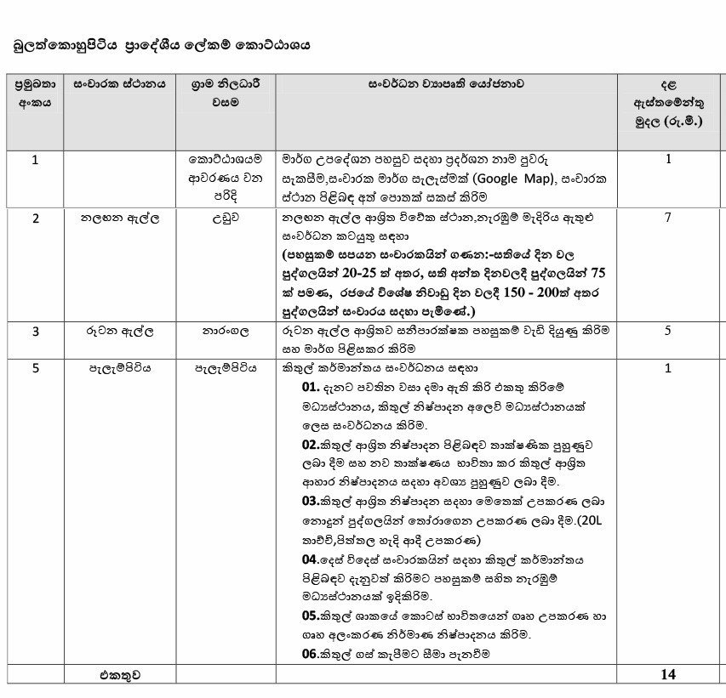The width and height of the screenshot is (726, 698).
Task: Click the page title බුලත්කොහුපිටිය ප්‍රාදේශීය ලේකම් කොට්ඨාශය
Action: coord(161,45)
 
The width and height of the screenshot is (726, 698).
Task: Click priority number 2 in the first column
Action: coord(35,218)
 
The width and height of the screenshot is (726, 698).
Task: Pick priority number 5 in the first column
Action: coord(35,368)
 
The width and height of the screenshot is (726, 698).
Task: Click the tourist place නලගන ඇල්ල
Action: coord(119,218)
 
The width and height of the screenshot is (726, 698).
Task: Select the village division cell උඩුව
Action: coord(226,218)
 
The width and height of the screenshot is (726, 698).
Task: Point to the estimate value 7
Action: coord(668,218)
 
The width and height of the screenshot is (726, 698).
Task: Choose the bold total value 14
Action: coord(668,674)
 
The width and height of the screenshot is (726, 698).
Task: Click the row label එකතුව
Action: coord(118,674)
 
